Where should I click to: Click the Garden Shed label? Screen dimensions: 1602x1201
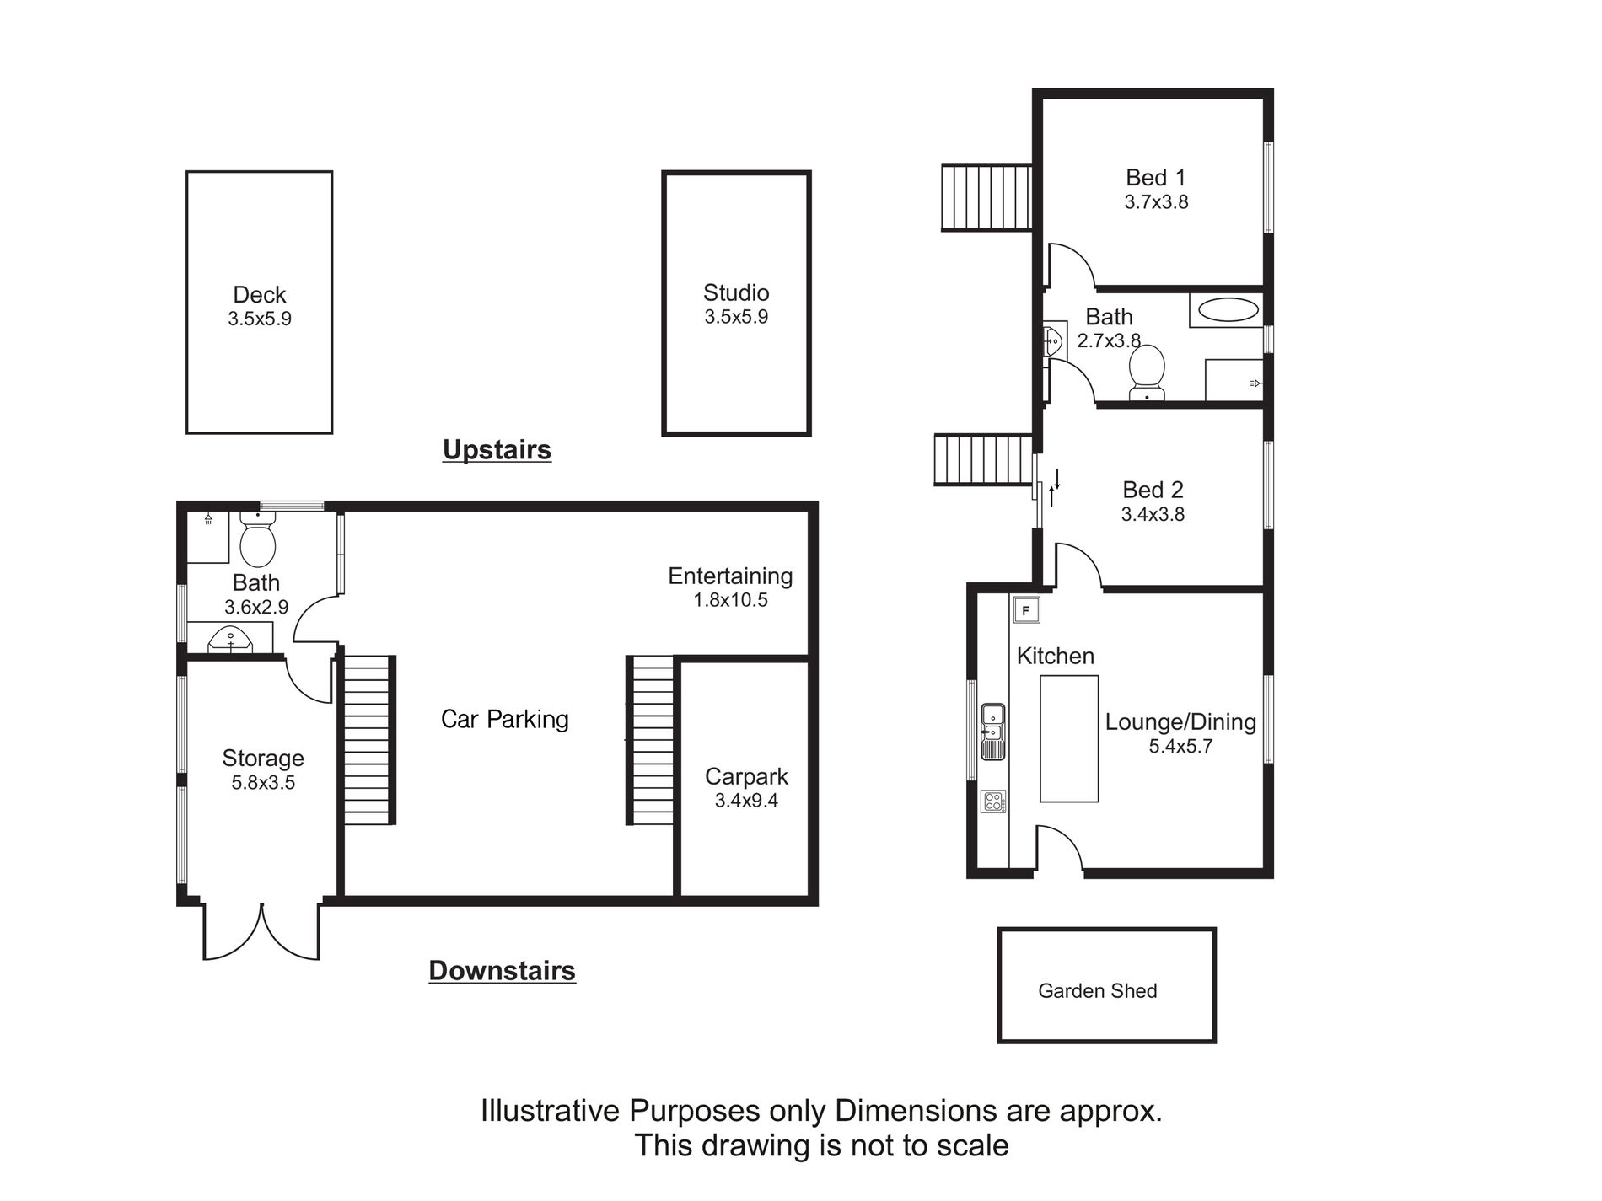click(1097, 991)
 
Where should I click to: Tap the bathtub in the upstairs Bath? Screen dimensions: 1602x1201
click(1228, 309)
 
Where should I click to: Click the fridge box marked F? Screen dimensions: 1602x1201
click(1026, 609)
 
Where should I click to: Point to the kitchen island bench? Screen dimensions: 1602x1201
click(1069, 738)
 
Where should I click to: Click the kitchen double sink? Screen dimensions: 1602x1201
click(992, 731)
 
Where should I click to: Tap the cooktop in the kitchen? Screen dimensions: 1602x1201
click(993, 801)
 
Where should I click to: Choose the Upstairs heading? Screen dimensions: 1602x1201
click(497, 450)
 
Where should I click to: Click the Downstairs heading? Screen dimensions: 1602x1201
click(502, 971)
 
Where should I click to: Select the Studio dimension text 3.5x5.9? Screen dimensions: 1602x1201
click(736, 318)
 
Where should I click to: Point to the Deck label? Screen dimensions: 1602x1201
click(260, 295)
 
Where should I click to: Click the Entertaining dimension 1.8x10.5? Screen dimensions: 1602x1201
click(731, 601)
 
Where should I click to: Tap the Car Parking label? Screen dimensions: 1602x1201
click(505, 719)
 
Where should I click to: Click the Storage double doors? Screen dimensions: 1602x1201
click(262, 931)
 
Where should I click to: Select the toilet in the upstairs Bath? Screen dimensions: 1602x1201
click(1147, 373)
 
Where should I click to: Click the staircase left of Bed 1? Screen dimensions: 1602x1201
click(986, 197)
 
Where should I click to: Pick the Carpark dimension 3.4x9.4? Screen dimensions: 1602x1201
click(746, 802)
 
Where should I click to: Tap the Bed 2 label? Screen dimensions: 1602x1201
click(1153, 491)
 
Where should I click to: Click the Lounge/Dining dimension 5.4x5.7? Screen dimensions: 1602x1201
click(1180, 747)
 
